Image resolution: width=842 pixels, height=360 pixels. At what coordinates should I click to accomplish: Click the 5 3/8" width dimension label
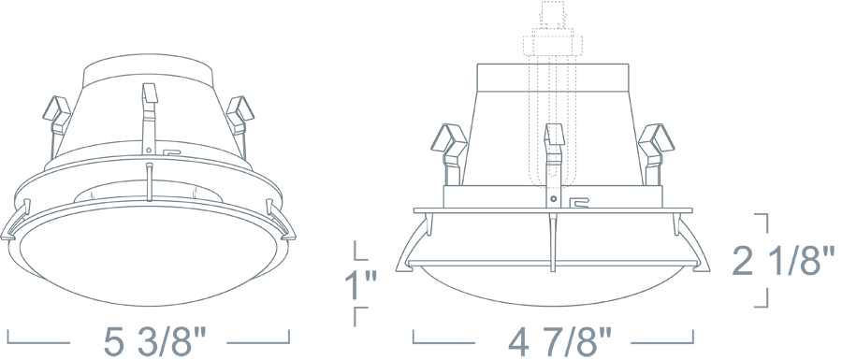pyautogui.click(x=154, y=341)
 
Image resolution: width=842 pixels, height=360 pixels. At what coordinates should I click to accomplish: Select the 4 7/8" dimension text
pyautogui.click(x=559, y=341)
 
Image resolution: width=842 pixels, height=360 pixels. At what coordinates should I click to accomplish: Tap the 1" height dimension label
pyautogui.click(x=360, y=285)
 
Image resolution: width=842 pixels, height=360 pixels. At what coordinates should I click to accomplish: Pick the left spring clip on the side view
pyautogui.click(x=449, y=153)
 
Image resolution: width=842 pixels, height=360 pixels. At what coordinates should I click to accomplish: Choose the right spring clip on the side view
pyautogui.click(x=656, y=153)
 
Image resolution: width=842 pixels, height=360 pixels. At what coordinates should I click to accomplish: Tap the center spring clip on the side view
pyautogui.click(x=554, y=161)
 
